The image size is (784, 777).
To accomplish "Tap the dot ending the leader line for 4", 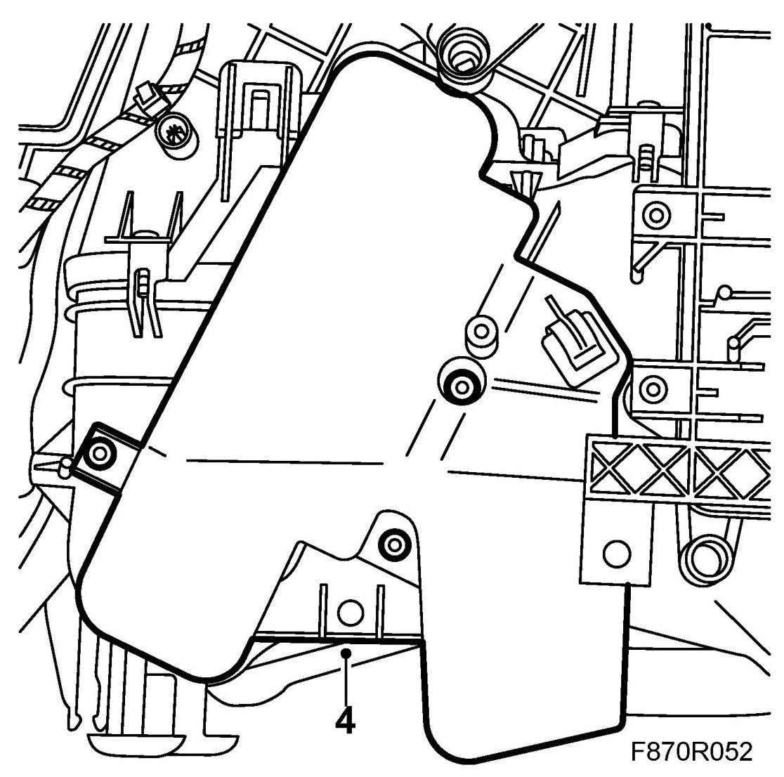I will coord(345,654).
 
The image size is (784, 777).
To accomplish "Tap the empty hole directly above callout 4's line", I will coord(346,613).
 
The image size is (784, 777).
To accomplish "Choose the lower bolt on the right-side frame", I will coord(653,387).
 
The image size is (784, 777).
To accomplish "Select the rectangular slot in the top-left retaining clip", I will coord(259,106).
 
